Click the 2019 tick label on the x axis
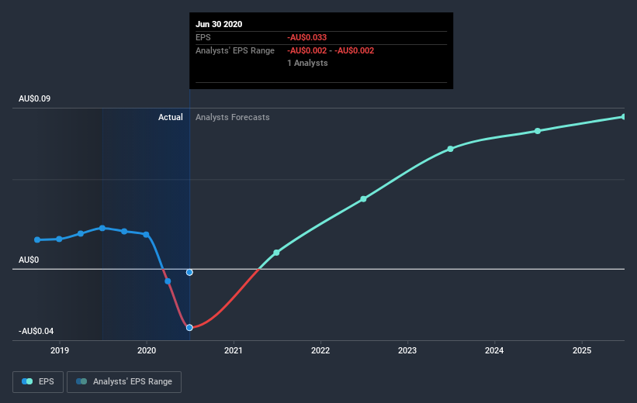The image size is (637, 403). (x=60, y=351)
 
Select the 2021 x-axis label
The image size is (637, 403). (x=234, y=351)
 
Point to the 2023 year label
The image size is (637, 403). (x=407, y=351)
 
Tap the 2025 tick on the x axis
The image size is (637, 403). (x=582, y=351)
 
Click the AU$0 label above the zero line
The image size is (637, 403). (x=29, y=260)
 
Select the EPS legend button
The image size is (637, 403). (x=38, y=381)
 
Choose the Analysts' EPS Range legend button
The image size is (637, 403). (x=124, y=381)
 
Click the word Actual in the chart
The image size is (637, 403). (x=171, y=117)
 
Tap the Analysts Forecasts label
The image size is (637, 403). (x=233, y=117)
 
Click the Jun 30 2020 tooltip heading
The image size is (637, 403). (x=219, y=24)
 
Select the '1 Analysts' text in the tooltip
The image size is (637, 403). (x=307, y=63)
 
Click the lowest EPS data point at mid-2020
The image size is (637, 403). (x=189, y=327)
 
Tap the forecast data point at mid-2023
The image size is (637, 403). (x=451, y=149)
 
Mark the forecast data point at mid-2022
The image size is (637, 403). (x=363, y=199)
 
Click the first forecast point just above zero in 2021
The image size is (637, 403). (x=276, y=253)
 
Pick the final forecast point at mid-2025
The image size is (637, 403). (x=624, y=117)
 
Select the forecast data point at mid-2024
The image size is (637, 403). (x=538, y=131)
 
